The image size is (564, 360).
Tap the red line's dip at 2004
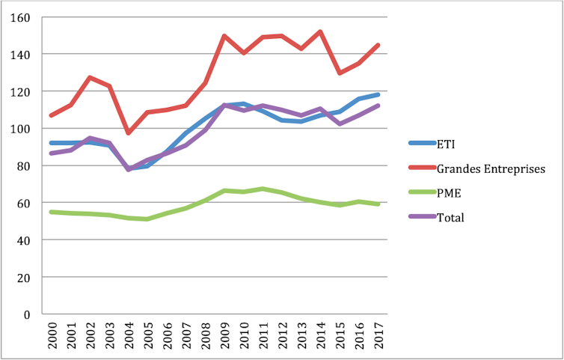(x=128, y=132)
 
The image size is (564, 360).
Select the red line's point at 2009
(x=224, y=35)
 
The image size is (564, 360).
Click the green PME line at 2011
(x=263, y=189)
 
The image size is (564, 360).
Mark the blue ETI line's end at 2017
(x=378, y=94)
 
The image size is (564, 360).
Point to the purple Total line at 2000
(x=51, y=153)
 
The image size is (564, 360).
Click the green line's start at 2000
(x=51, y=212)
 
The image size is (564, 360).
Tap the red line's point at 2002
(x=89, y=77)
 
